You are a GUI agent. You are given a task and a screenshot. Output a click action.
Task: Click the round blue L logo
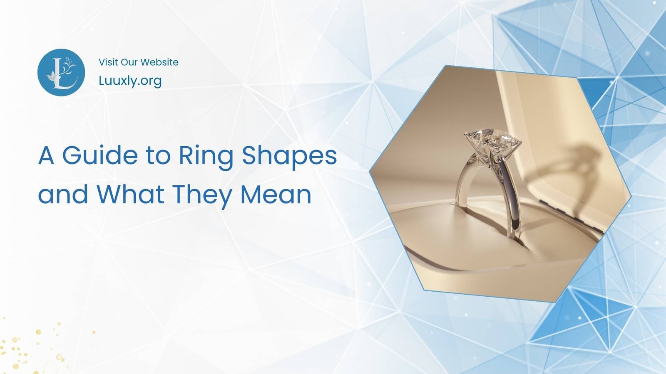pyautogui.click(x=61, y=73)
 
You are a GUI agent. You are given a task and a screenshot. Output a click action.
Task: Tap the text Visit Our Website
pyautogui.click(x=138, y=62)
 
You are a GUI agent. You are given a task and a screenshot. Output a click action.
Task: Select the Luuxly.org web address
pyautogui.click(x=130, y=81)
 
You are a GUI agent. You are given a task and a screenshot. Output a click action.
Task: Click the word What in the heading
pyautogui.click(x=131, y=194)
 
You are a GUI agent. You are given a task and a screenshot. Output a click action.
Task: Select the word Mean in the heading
pyautogui.click(x=276, y=194)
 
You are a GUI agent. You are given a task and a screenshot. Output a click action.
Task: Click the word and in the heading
pyautogui.click(x=63, y=194)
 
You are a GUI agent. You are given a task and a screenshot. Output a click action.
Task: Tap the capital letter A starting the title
pyautogui.click(x=46, y=156)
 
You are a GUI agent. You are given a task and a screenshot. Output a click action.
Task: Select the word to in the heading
pyautogui.click(x=158, y=156)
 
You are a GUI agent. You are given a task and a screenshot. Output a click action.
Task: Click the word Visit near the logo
pyautogui.click(x=108, y=62)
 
